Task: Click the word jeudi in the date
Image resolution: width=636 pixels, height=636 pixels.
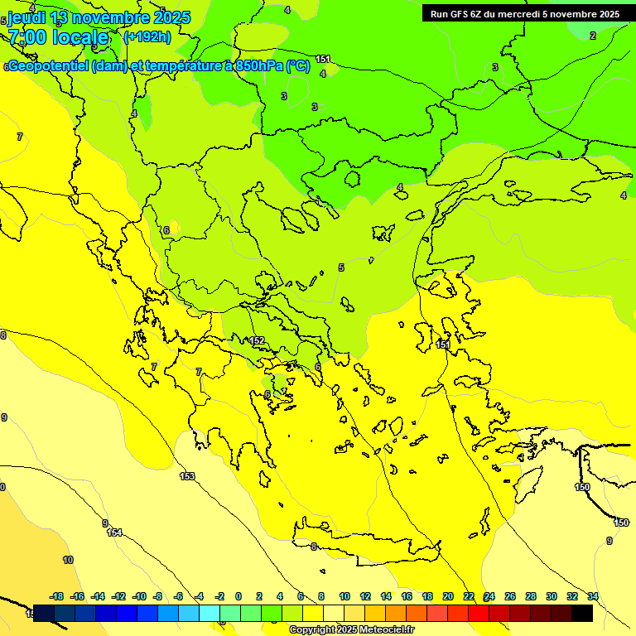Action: coord(26,17)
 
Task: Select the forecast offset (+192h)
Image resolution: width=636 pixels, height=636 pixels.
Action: coord(147,36)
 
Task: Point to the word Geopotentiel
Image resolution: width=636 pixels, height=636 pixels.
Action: coord(48,66)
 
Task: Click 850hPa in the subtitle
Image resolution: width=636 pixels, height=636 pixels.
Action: coord(258,66)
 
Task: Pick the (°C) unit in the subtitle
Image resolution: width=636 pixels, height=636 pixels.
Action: coord(298,66)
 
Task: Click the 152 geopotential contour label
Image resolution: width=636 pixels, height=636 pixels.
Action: coord(257,340)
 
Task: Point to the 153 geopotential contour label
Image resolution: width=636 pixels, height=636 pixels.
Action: coord(187,476)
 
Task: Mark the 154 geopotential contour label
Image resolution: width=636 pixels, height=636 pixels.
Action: coord(114,532)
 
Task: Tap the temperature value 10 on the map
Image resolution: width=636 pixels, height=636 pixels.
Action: coord(68,560)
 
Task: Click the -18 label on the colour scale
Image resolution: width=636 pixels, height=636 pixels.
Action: coord(57,596)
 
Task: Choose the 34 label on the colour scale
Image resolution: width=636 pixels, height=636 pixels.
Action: coord(593,596)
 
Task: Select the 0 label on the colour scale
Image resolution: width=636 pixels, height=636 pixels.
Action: coord(238,596)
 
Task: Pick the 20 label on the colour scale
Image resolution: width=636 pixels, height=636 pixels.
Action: coord(448,596)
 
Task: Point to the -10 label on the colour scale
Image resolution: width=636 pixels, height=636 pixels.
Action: coord(138,596)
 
